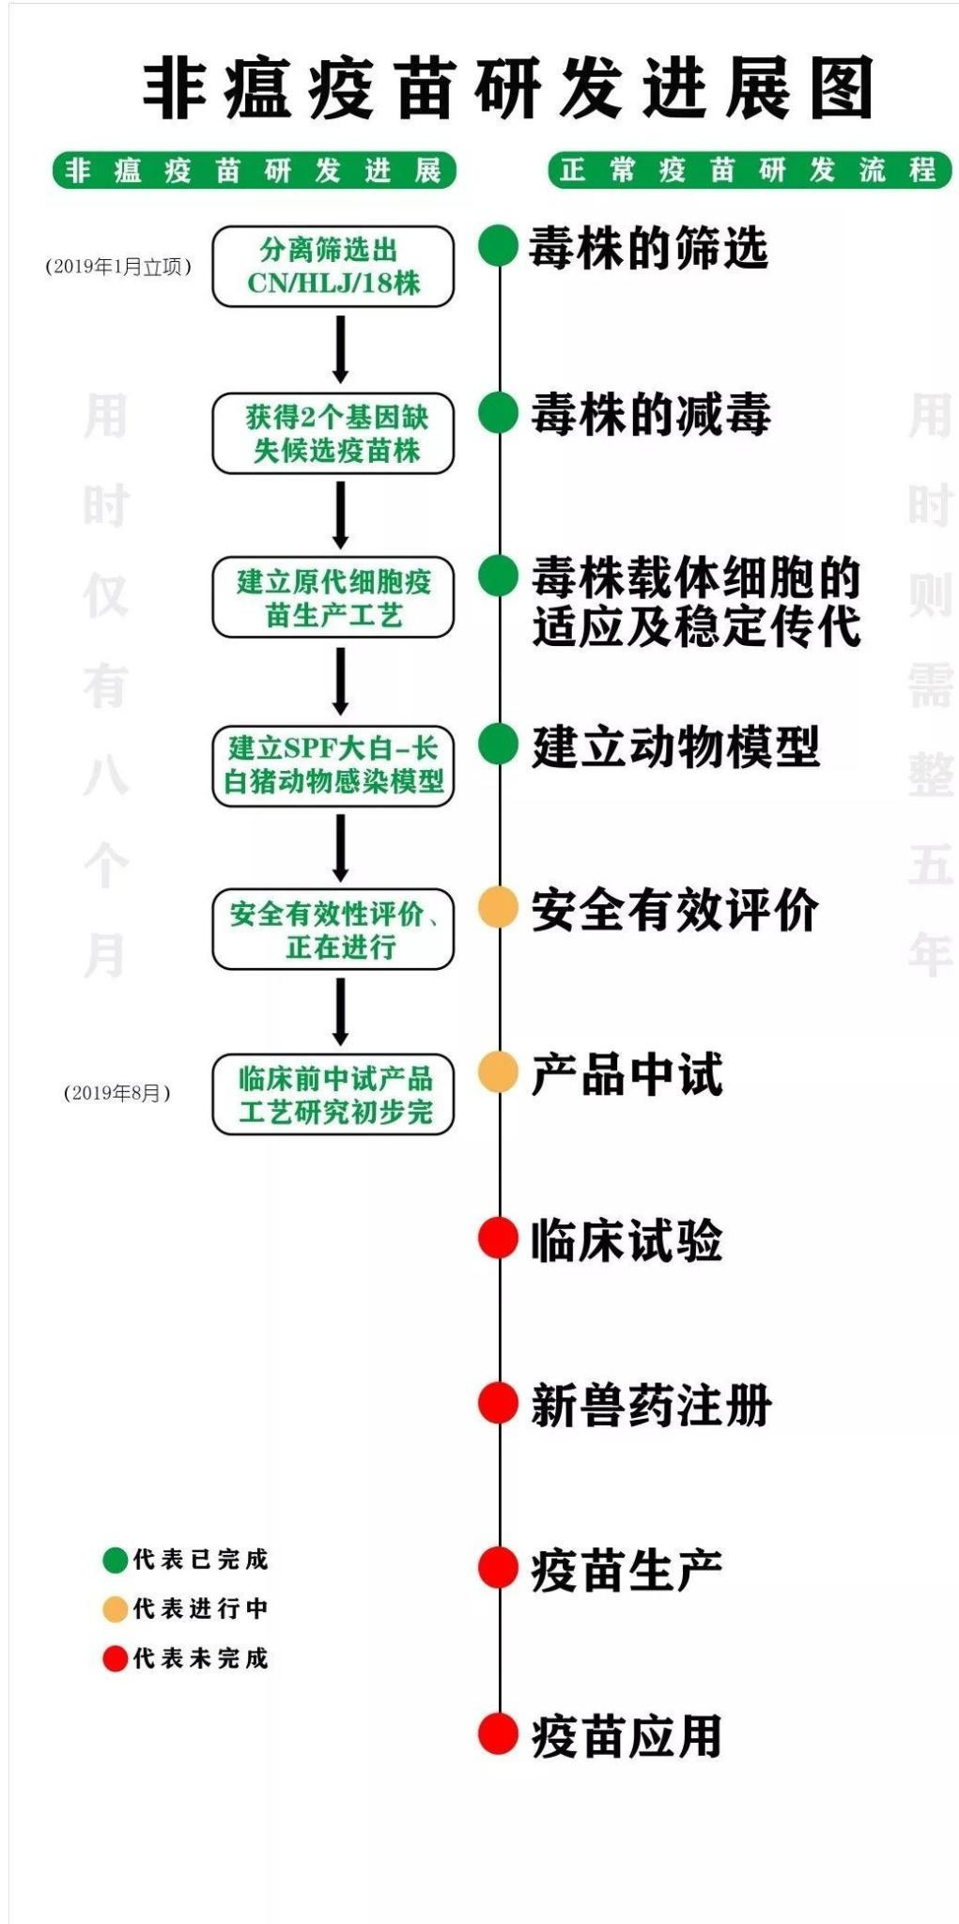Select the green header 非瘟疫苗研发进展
[254, 171]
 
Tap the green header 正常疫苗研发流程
[749, 170]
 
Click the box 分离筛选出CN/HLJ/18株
[333, 267]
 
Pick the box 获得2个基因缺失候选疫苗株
[333, 433]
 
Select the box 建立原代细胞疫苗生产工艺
[333, 598]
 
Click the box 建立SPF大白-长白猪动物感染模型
[333, 764]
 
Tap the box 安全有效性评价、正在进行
[333, 930]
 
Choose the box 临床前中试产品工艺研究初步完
[333, 1095]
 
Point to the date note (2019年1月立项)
[118, 267]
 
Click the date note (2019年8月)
[117, 1093]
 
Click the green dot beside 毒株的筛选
[498, 247]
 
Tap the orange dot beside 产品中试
[498, 1072]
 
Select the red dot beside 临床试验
[498, 1238]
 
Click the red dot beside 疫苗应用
[498, 1733]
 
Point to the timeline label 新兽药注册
[650, 1406]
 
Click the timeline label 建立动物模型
[674, 747]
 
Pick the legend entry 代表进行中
[186, 1608]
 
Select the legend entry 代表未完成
[186, 1658]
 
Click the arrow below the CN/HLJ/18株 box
[340, 348]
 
